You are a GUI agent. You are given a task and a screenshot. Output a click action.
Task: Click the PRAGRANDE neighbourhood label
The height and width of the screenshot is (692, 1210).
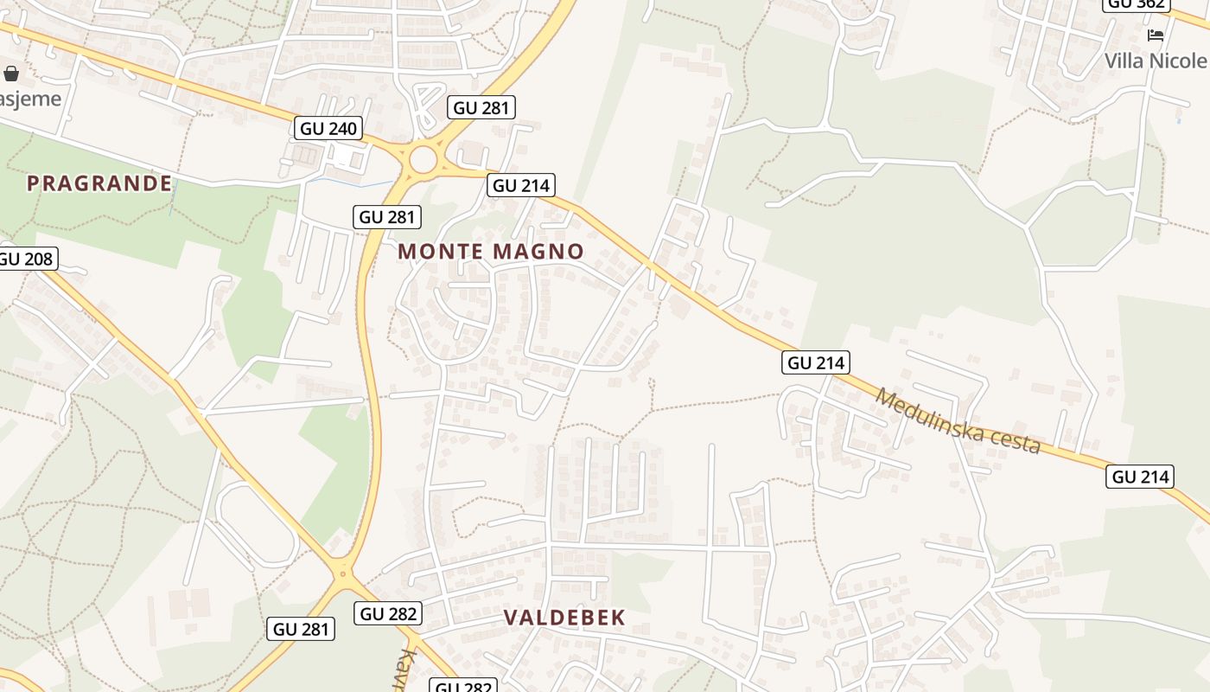click(x=99, y=183)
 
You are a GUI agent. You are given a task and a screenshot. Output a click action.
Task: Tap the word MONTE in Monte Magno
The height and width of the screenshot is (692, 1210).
click(x=442, y=252)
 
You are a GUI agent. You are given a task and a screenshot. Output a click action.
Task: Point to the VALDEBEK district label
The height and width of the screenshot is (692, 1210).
click(x=564, y=618)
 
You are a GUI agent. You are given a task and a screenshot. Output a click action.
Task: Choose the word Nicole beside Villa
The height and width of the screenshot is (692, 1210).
click(x=1179, y=61)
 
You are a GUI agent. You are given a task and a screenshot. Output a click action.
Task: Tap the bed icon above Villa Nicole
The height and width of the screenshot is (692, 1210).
click(x=1156, y=35)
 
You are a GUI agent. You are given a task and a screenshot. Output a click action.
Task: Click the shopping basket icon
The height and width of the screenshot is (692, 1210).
click(x=11, y=74)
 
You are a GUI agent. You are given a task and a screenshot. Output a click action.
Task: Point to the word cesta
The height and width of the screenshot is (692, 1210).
click(x=1016, y=442)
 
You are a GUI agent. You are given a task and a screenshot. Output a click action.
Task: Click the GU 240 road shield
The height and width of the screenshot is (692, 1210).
click(x=328, y=129)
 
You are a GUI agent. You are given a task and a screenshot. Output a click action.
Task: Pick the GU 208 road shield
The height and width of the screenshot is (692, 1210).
click(x=26, y=259)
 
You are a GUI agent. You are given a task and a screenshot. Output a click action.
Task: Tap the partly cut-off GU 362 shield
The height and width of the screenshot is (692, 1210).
click(x=1136, y=4)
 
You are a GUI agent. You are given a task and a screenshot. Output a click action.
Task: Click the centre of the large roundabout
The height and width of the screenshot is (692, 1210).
click(x=423, y=159)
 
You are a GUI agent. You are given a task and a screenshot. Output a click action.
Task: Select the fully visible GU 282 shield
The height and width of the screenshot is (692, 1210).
click(x=388, y=613)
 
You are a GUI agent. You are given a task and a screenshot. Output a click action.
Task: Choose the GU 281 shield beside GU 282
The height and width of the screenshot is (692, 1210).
click(x=302, y=629)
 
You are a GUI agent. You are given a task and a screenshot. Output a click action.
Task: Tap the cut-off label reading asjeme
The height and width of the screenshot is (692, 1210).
click(x=30, y=98)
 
